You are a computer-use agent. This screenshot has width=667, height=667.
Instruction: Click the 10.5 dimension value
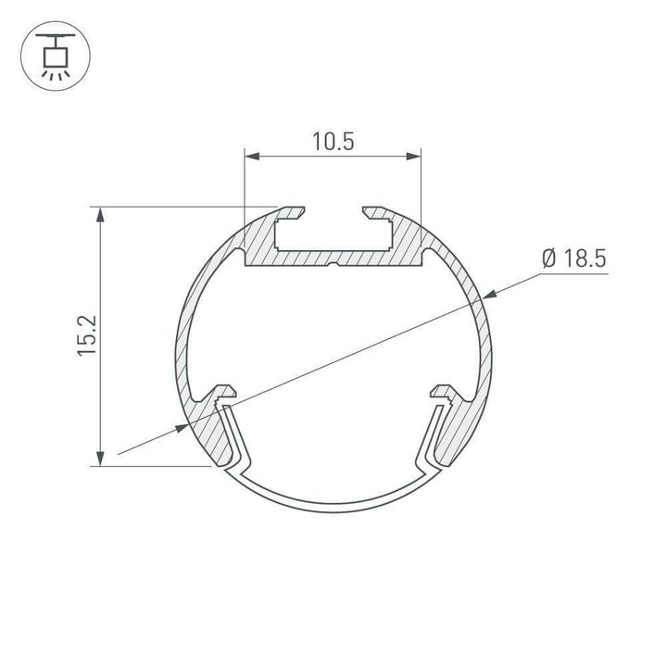coord(333,141)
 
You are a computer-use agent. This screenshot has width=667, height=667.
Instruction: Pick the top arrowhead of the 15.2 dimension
coord(100,215)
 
